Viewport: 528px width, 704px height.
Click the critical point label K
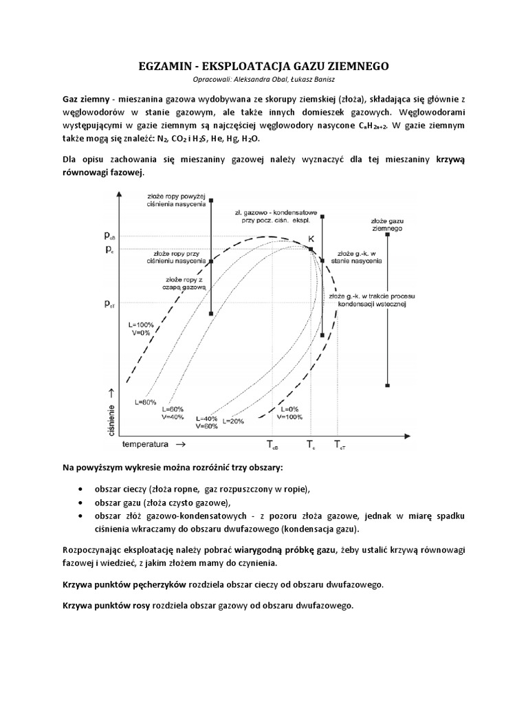[x=311, y=238]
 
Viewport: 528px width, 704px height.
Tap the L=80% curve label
[x=146, y=401]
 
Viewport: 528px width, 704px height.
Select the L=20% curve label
[x=234, y=420]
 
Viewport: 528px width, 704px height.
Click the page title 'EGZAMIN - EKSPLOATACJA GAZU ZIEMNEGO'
[x=263, y=66]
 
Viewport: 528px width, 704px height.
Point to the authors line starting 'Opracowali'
[x=264, y=80]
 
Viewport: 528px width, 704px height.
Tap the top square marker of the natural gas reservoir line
[x=388, y=234]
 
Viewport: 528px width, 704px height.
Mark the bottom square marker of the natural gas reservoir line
[x=388, y=385]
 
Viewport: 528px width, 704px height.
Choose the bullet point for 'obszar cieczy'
[x=82, y=489]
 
